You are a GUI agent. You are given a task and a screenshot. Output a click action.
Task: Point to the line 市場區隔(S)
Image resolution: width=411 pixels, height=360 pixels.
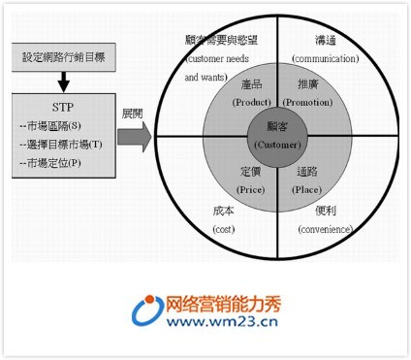click(x=56, y=126)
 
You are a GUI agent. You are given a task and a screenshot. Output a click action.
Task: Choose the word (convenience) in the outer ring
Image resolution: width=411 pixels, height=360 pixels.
click(x=332, y=228)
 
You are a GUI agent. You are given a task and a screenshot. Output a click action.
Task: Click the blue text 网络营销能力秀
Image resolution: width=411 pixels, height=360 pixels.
click(x=229, y=301)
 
